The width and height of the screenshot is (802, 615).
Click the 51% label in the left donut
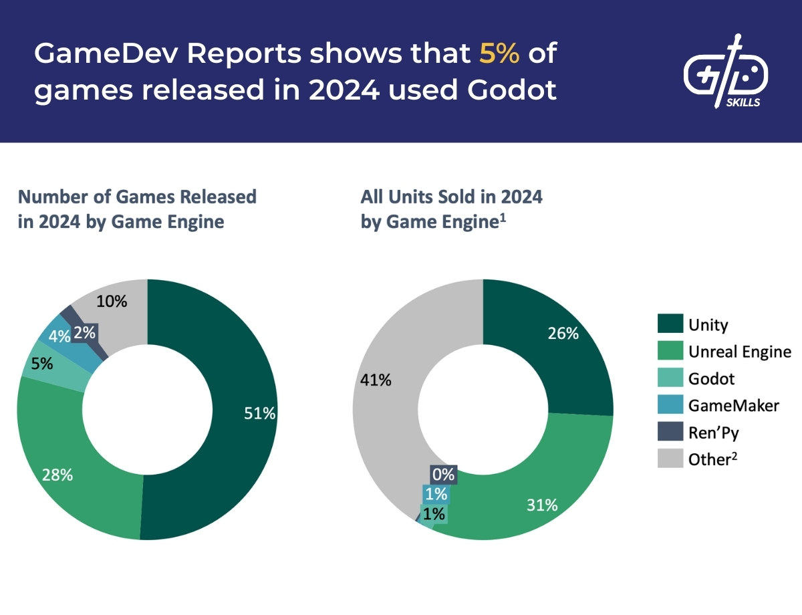tap(260, 413)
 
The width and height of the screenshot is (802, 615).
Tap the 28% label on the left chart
tap(57, 475)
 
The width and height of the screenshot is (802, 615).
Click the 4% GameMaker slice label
tap(59, 336)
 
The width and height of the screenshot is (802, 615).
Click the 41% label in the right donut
tap(376, 380)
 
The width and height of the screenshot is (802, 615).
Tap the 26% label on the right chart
tap(563, 333)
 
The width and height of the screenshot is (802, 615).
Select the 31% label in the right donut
tap(541, 505)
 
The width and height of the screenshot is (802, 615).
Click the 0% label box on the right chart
tap(443, 475)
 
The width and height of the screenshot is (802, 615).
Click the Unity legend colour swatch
tap(670, 325)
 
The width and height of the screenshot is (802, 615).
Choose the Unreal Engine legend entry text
tap(739, 352)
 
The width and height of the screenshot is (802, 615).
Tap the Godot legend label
tap(711, 378)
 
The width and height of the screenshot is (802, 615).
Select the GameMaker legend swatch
tap(670, 405)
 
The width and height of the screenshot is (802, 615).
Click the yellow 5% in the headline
tap(499, 53)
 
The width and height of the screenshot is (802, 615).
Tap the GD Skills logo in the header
tap(726, 74)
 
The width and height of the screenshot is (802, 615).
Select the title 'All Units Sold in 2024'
tap(451, 197)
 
